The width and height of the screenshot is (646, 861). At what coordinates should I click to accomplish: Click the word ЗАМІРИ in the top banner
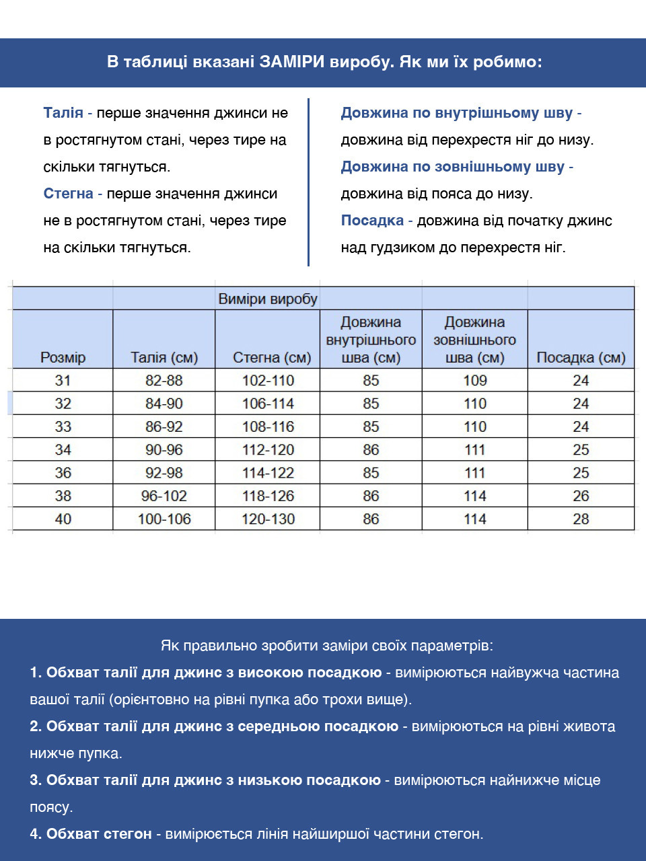[292, 62]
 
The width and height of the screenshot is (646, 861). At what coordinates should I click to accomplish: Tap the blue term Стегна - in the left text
[72, 194]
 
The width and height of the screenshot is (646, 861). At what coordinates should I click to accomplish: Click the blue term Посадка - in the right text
[376, 221]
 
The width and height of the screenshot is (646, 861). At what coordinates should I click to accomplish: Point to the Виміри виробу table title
[267, 299]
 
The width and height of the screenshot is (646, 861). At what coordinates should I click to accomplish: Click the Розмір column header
[63, 357]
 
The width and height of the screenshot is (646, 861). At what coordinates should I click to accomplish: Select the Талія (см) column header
[164, 357]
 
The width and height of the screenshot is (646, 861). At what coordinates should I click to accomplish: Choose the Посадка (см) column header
[580, 357]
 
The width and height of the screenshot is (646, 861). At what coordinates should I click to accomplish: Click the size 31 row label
[63, 380]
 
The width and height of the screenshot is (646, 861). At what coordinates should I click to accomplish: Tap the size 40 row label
[63, 519]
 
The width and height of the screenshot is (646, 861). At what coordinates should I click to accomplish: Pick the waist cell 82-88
[164, 380]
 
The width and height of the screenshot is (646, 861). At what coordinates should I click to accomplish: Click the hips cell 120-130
[268, 519]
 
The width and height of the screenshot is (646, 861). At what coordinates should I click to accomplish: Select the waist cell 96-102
[164, 496]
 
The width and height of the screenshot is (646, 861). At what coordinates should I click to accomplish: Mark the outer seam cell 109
[474, 380]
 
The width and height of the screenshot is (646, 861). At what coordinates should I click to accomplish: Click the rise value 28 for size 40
[581, 519]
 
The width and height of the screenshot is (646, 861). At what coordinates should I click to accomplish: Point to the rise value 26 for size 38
[581, 496]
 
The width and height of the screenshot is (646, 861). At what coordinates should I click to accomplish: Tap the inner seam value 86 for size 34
[371, 449]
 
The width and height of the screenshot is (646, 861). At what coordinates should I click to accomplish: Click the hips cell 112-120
[268, 449]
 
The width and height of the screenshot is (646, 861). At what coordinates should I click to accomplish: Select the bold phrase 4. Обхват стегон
[91, 834]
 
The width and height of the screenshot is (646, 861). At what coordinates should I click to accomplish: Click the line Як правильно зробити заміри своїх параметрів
[326, 646]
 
